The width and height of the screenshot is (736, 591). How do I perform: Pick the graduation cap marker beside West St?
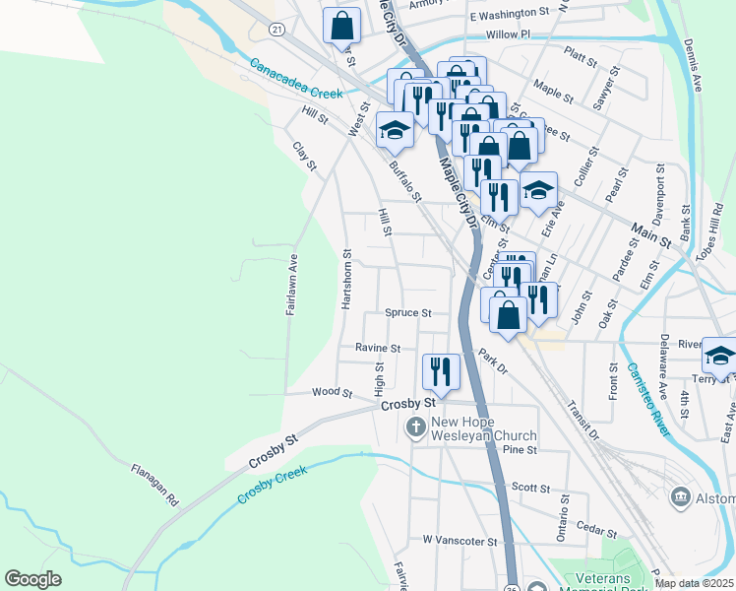pos(395,130)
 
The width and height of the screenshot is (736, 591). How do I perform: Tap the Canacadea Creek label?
pos(295,80)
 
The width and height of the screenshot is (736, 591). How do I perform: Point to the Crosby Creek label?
pos(272,485)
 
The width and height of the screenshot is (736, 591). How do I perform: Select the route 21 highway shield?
pos(278,31)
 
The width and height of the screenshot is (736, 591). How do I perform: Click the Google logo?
pos(32,579)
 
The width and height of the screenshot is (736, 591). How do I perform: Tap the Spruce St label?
pos(408,313)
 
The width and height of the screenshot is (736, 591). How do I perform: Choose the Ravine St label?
pos(378,349)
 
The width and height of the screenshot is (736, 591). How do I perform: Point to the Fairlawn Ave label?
pos(292,286)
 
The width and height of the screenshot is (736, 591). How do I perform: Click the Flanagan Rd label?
pos(155,485)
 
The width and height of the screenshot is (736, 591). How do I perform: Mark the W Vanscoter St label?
pos(460,541)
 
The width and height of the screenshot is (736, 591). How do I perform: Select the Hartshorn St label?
pos(346,280)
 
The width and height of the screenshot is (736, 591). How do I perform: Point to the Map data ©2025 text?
pos(694,583)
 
